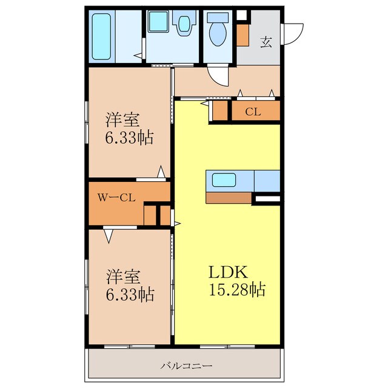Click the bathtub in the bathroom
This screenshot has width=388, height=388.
click(101, 36)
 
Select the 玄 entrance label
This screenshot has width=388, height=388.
click(266, 42)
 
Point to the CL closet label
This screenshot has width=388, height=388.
click(253, 112)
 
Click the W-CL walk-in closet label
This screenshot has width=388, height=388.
click(116, 198)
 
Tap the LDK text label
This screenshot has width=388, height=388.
click(228, 272)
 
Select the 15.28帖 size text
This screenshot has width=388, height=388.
click(237, 289)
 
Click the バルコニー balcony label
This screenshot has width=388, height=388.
click(186, 366)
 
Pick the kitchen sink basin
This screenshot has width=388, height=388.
click(224, 180)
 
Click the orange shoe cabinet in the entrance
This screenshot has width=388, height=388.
click(242, 35)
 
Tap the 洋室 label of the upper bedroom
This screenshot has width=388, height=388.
click(123, 120)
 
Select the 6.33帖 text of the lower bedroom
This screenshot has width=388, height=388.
click(130, 294)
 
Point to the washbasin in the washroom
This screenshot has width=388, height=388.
click(184, 24)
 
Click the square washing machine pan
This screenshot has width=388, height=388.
click(158, 21)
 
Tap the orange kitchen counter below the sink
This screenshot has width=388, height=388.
click(229, 198)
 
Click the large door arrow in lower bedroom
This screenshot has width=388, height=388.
click(109, 236)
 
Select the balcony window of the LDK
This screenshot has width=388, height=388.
click(227, 347)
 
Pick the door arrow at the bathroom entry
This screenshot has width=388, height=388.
click(138, 56)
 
